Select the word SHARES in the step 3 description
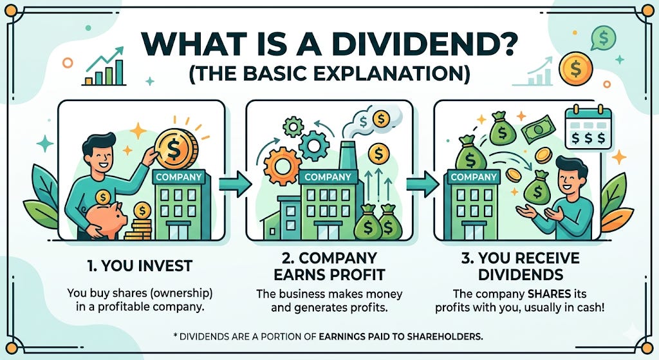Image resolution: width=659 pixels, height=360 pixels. pyautogui.click(x=531, y=293)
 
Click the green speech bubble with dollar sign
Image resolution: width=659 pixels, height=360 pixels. pyautogui.click(x=604, y=37)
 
